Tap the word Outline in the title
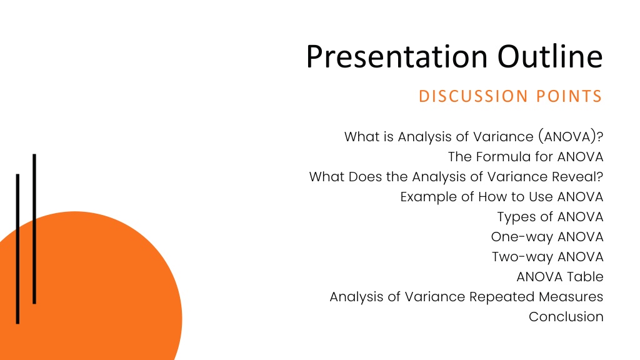(x=550, y=56)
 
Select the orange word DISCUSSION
(x=474, y=96)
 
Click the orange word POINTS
(x=569, y=96)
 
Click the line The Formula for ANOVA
(x=526, y=157)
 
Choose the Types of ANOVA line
(x=550, y=217)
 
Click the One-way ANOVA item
(x=547, y=237)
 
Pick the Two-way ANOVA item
(x=547, y=257)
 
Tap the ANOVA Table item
(x=560, y=277)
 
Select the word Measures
(x=571, y=297)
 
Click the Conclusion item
(x=566, y=317)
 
